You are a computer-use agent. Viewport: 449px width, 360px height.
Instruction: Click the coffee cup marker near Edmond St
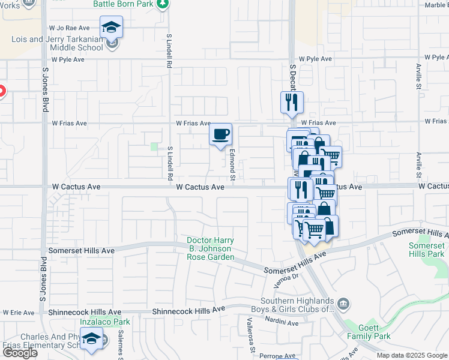(220, 134)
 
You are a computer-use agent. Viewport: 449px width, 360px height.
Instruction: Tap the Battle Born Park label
(124, 4)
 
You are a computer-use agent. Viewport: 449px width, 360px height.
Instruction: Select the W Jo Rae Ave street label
(70, 28)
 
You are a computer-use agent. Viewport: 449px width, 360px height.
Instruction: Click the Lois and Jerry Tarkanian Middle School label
(57, 43)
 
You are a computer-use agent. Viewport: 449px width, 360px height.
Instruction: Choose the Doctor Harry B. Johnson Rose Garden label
(209, 249)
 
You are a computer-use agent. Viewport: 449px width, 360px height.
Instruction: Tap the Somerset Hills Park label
(426, 250)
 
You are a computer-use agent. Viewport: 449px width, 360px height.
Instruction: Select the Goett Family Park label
(369, 332)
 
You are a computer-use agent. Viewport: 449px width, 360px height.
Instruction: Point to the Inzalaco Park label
(97, 322)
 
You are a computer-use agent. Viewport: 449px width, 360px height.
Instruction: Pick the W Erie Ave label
(18, 313)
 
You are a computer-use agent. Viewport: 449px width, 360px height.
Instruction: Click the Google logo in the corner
(19, 353)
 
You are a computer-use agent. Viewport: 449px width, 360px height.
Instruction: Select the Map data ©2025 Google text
(412, 355)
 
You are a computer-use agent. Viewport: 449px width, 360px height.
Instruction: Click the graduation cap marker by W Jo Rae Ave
(112, 27)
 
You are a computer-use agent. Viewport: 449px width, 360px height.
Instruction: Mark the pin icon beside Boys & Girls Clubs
(343, 302)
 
